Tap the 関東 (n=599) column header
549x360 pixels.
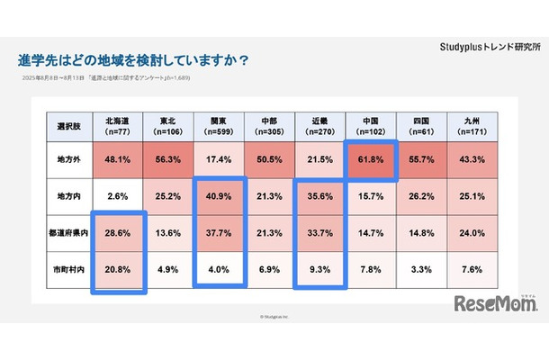(220, 124)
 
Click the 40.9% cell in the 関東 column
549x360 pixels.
(220, 195)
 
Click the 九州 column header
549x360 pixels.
(472, 124)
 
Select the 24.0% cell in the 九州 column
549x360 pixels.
(472, 232)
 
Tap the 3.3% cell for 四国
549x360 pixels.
(422, 269)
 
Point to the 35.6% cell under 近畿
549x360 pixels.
(320, 195)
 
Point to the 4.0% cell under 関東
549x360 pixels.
(220, 269)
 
